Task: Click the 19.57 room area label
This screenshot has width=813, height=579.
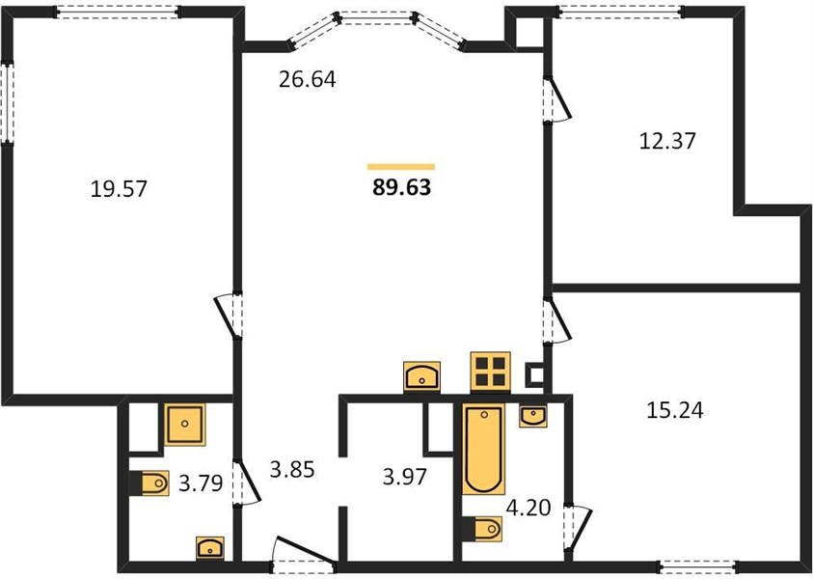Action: point(119,189)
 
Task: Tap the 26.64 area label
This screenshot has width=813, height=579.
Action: point(308,79)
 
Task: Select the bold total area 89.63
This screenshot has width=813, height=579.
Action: point(401,187)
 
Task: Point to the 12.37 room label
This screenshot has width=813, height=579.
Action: point(667,141)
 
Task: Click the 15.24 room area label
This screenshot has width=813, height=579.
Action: point(675,410)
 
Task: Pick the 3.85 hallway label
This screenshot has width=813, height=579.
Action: point(292,470)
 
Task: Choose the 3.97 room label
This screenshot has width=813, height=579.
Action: point(404,477)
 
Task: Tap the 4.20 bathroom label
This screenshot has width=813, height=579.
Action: point(528,508)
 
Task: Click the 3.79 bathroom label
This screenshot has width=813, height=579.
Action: point(201,483)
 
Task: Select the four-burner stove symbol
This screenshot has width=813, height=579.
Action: point(490,372)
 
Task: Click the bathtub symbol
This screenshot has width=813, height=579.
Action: point(484,450)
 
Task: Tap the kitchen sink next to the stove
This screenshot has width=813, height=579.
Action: point(421,375)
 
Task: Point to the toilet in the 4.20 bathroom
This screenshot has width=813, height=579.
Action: point(483,529)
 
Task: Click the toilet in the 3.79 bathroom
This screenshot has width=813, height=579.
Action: point(149,483)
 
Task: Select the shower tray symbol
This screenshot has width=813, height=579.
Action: point(185,425)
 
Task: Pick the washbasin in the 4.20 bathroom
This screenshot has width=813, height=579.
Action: point(532,417)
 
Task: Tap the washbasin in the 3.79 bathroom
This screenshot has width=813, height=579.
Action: point(210,548)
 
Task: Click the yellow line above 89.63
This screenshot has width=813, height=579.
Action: point(401,167)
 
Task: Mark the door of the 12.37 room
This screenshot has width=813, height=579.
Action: point(556,99)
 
